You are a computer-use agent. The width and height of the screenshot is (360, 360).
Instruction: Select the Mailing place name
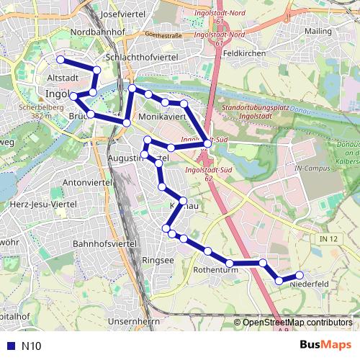[318, 32]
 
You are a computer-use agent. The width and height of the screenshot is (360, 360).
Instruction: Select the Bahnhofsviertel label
[105, 244]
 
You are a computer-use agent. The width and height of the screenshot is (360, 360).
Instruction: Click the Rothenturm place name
[211, 270]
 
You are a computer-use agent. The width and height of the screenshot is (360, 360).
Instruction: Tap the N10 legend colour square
[9, 346]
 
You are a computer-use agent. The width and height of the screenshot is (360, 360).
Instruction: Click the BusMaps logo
[321, 345]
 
